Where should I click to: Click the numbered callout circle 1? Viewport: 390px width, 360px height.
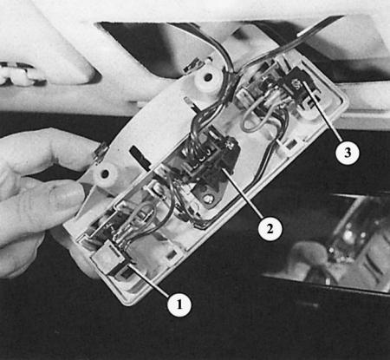[179, 304]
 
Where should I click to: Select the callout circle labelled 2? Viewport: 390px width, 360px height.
[270, 228]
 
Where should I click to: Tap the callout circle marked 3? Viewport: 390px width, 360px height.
[348, 152]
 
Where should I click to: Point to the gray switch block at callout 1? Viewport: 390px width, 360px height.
[107, 257]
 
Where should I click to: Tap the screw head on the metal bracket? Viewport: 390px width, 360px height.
[206, 199]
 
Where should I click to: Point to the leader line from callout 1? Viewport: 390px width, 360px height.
[149, 280]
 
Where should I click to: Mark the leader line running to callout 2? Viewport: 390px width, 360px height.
[242, 193]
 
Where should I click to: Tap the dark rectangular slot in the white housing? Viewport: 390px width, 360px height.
[140, 155]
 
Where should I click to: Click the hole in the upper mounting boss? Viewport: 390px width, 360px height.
[209, 77]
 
